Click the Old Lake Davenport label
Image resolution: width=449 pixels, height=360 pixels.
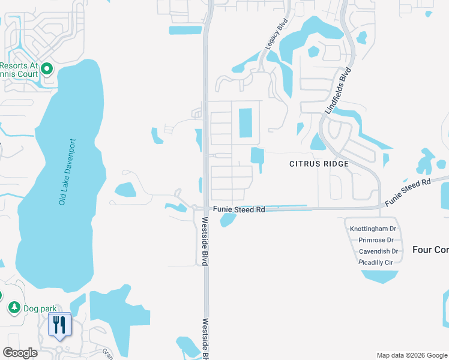(68, 172)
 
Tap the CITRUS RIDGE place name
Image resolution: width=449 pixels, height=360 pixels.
(319, 164)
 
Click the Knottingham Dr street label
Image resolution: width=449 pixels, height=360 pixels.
(373, 229)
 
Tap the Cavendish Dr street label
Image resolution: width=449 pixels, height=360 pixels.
(378, 251)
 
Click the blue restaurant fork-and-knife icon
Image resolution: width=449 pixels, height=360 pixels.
(59, 325)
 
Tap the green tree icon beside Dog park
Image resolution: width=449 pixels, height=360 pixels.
(14, 308)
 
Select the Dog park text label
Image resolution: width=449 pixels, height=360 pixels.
(40, 308)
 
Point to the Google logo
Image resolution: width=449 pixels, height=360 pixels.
(20, 353)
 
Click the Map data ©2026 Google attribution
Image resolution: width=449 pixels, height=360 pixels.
(412, 355)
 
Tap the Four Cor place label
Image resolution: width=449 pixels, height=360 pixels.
(430, 250)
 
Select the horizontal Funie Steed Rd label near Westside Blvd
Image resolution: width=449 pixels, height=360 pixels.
(239, 209)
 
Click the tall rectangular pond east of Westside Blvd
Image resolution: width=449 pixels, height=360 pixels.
(246, 122)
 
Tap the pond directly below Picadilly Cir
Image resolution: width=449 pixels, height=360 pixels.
(379, 276)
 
